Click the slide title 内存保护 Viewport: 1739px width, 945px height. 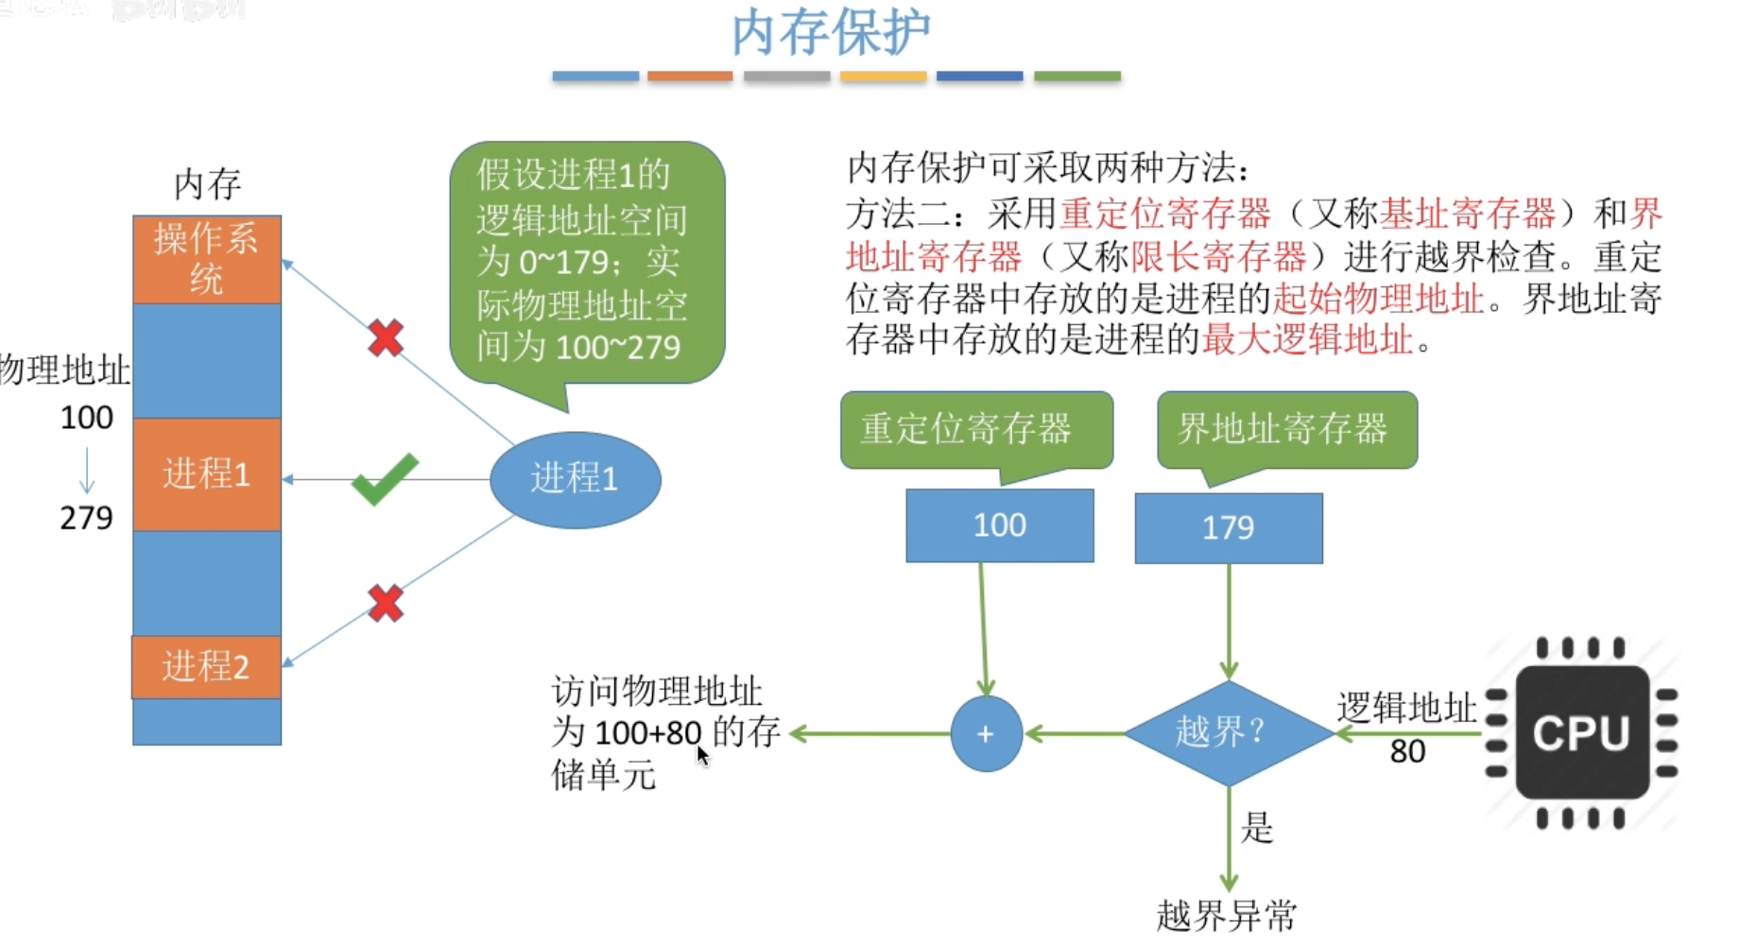click(831, 32)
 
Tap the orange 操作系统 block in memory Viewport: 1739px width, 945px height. click(207, 260)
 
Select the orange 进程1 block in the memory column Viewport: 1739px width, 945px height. click(207, 474)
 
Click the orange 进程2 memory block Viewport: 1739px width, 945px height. click(207, 667)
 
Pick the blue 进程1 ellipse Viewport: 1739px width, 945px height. click(575, 479)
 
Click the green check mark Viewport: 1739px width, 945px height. click(385, 479)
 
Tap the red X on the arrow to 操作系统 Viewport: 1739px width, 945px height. click(386, 337)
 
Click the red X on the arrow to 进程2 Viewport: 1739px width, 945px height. click(386, 603)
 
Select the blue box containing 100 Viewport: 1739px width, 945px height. click(1000, 525)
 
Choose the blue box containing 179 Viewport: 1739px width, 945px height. click(1229, 527)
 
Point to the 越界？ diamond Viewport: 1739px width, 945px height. click(1229, 732)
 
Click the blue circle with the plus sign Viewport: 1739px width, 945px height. click(986, 733)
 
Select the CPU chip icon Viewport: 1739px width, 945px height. click(1581, 733)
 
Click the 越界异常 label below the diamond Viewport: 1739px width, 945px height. click(1227, 915)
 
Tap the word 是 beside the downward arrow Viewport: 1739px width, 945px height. click(1257, 828)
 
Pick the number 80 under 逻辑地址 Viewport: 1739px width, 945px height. click(1407, 751)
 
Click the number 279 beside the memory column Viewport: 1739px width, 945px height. click(86, 518)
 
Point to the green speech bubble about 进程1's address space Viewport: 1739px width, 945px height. click(587, 265)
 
